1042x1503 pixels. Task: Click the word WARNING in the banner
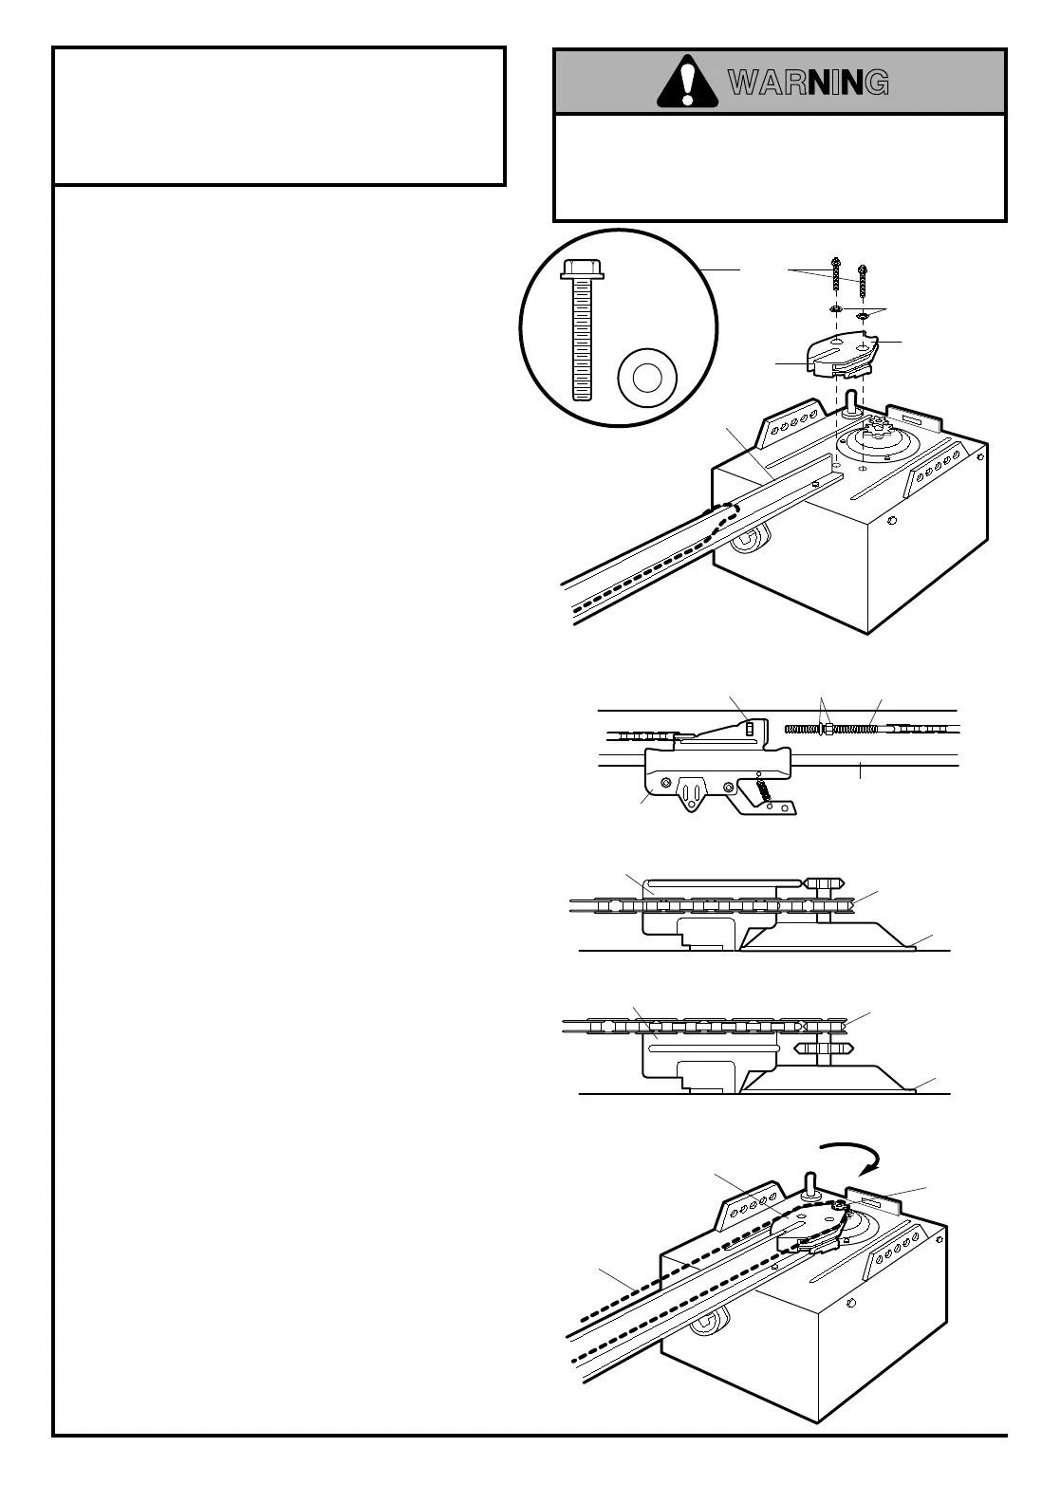(809, 83)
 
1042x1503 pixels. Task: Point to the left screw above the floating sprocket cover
(836, 276)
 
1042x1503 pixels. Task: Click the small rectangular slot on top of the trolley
(748, 728)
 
